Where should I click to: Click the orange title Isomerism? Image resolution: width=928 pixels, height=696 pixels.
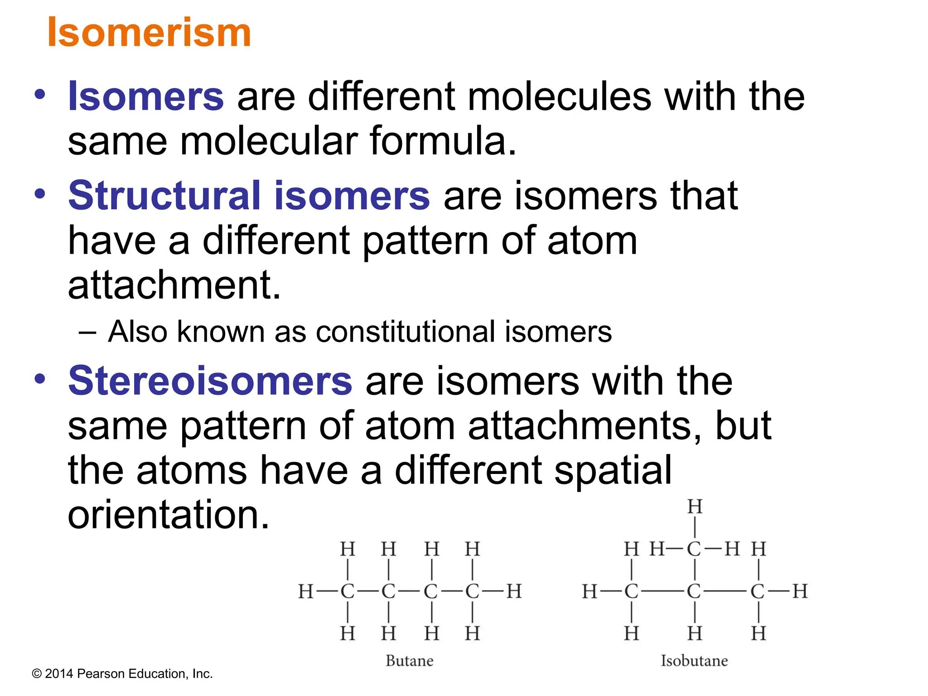click(x=149, y=32)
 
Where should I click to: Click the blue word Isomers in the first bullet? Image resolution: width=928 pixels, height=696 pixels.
click(x=145, y=97)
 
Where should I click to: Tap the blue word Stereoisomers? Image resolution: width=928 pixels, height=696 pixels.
click(x=210, y=381)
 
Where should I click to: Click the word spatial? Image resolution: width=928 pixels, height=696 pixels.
click(x=613, y=470)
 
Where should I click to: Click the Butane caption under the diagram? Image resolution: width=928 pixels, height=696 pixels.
click(x=409, y=661)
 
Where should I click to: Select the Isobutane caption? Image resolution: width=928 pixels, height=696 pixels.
click(x=694, y=661)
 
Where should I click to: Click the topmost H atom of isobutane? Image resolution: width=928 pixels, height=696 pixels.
click(x=695, y=507)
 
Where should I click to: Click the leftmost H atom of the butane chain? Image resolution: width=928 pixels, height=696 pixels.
click(x=306, y=591)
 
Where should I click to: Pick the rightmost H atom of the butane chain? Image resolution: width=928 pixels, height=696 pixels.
click(x=514, y=591)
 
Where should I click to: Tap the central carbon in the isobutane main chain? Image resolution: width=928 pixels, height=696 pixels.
click(x=694, y=591)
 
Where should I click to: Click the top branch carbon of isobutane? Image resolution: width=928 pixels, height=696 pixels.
click(x=694, y=549)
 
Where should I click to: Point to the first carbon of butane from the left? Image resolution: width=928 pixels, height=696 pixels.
click(x=348, y=591)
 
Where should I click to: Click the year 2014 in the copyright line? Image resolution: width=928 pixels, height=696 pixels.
click(x=59, y=674)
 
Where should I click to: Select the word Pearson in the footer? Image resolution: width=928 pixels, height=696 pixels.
click(x=101, y=674)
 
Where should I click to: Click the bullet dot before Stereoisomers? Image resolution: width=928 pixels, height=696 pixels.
click(x=40, y=379)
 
